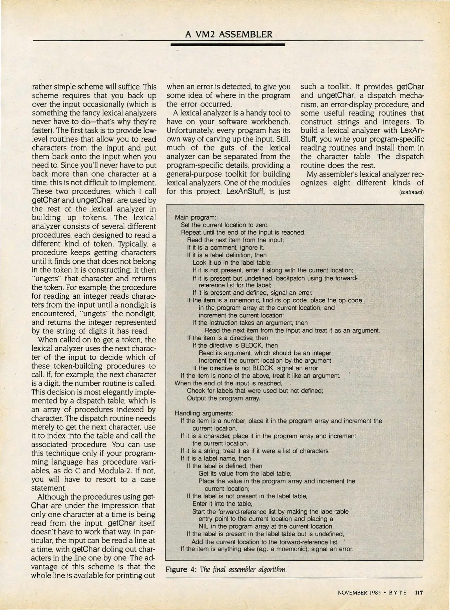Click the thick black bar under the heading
pos(228,45)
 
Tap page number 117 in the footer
pos(418,593)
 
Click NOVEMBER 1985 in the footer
pos(359,593)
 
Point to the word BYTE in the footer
pos(398,593)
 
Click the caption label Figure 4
pos(181,569)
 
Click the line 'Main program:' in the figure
pos(195,217)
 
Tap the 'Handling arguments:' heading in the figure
pos(204,413)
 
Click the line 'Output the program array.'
pos(223,398)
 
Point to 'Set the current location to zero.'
pos(224,225)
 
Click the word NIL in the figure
pos(203,526)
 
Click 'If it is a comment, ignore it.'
pos(225,248)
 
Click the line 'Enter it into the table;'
pos(222,504)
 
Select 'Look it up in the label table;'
pos(232,263)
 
